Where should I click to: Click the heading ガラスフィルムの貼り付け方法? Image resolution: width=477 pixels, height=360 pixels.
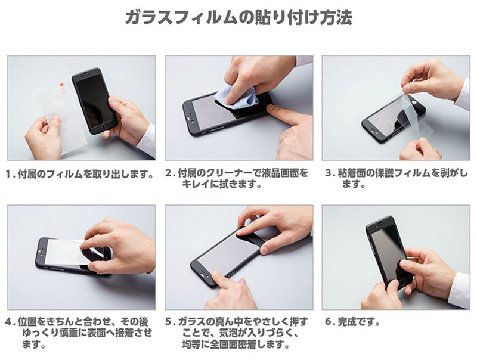pos(238,17)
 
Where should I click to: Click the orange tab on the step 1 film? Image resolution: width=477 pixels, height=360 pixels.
pos(61,86)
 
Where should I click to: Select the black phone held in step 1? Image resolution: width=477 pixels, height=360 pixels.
pos(94,101)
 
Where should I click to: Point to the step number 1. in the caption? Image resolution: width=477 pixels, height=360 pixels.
pos(11,174)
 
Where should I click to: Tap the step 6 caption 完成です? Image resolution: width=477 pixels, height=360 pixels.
pos(359,322)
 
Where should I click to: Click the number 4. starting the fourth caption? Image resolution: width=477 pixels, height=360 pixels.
pos(11,322)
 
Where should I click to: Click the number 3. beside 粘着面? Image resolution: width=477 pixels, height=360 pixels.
pos(330,173)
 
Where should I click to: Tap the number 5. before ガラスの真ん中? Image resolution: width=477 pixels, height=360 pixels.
pos(171,322)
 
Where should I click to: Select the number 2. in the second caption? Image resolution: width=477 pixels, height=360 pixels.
pos(171,173)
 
